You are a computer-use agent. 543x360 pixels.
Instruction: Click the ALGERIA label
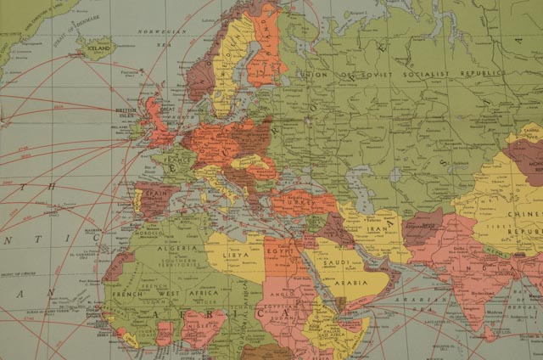pyautogui.click(x=181, y=248)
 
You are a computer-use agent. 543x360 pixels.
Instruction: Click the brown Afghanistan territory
pyautogui.click(x=422, y=227)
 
